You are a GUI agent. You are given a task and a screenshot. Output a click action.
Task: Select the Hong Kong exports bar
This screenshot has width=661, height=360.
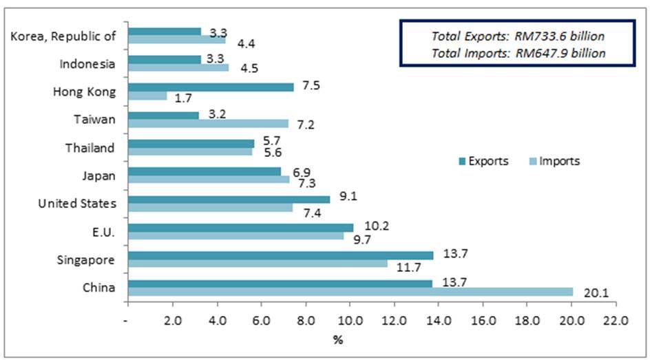coord(211,87)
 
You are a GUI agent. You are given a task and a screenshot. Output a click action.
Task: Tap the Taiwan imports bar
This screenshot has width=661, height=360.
coord(208,123)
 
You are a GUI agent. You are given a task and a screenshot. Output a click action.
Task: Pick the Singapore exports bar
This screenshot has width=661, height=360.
coord(281,255)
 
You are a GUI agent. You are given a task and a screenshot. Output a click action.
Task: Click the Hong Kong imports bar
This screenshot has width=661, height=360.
coord(147,96)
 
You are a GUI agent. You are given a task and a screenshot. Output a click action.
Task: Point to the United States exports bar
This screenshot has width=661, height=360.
coord(229,199)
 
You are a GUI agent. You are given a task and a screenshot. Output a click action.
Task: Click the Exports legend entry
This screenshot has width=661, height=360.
coord(483,161)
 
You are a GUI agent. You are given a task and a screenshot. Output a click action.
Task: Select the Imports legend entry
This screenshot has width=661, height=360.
coord(554,161)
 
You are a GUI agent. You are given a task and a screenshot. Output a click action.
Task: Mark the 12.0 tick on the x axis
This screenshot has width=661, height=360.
coord(394,321)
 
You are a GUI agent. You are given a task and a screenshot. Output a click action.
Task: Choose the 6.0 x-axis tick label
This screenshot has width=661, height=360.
coord(261,321)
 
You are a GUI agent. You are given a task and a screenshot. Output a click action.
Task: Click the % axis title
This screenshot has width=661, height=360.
coord(337,340)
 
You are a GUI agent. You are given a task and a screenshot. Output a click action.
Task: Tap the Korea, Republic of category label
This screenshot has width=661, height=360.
coord(63,36)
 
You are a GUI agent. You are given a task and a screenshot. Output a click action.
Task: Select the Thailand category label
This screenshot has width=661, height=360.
coord(90,147)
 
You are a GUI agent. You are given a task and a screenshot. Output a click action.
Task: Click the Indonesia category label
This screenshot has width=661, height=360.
coord(87,64)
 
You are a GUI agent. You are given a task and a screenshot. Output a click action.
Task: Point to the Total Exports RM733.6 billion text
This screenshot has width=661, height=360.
coord(518,36)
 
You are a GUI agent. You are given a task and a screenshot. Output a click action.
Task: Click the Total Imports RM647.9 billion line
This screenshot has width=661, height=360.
coord(518,53)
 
